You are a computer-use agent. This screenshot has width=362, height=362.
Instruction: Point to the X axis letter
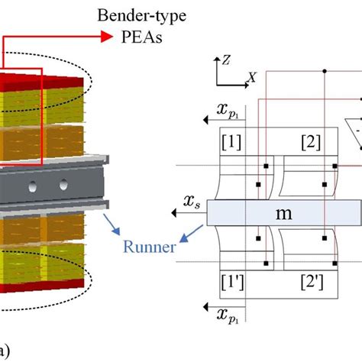[251, 77]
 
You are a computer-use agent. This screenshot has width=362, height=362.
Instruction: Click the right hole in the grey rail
[63, 183]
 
